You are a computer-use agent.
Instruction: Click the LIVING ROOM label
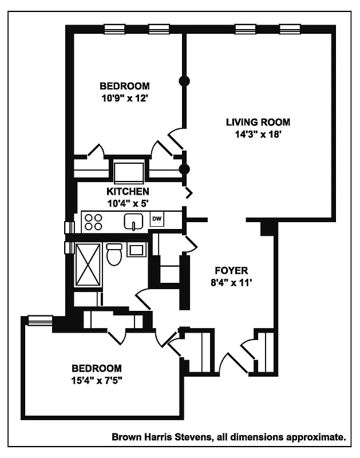(258, 122)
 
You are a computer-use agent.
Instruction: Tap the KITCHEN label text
(128, 191)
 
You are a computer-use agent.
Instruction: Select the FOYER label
(231, 270)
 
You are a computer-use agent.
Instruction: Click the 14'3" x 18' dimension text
(258, 135)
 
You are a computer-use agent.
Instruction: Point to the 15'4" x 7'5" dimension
(96, 380)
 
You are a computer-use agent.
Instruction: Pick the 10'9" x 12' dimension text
(125, 98)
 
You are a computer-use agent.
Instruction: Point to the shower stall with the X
(88, 264)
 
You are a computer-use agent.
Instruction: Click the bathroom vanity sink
(137, 250)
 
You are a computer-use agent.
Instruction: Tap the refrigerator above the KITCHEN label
(128, 171)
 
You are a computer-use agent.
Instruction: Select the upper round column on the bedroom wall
(184, 81)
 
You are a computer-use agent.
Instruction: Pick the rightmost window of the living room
(290, 29)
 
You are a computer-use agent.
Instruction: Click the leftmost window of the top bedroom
(114, 29)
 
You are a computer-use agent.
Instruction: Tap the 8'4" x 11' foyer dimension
(231, 282)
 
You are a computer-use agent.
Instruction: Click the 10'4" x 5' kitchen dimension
(128, 203)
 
